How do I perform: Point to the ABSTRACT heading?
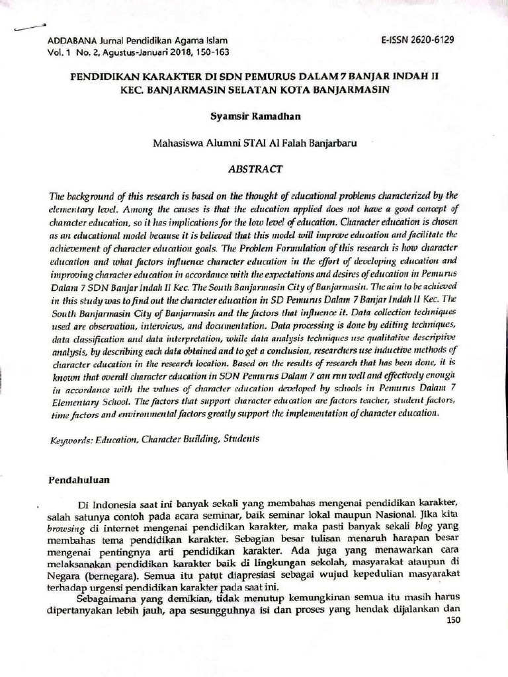coord(255,169)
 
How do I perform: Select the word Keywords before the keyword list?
coord(71,439)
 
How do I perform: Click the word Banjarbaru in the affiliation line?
coord(332,141)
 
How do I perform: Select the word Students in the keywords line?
coord(241,438)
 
